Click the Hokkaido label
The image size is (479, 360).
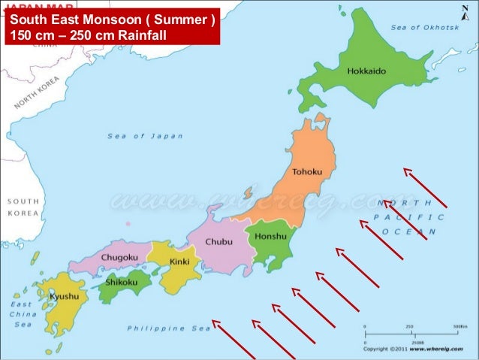366,71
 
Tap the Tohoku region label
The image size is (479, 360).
306,172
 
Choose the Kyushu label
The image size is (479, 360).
64,296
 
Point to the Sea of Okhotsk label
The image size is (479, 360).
424,27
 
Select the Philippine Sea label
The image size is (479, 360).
169,328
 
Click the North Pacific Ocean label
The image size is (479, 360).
405,217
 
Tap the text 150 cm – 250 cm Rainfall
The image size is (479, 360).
87,35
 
